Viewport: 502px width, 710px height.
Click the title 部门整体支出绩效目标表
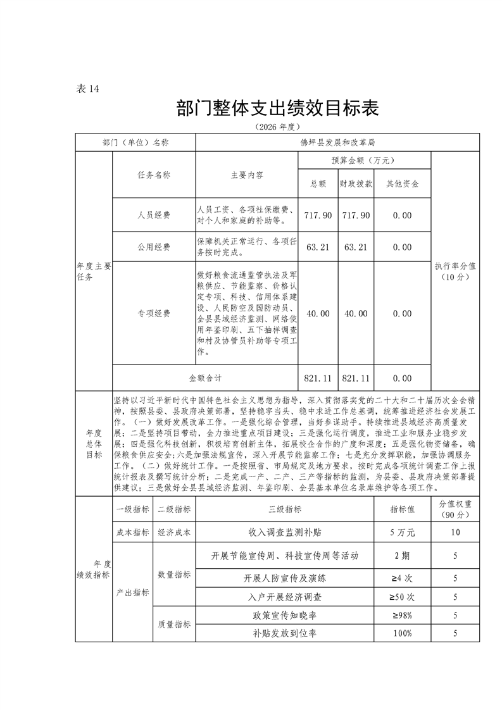(278, 108)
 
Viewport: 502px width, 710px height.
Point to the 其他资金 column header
(402, 184)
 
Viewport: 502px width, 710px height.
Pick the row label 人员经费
(154, 215)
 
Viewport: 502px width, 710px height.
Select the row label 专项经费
(154, 313)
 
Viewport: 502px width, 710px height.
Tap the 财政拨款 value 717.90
(356, 215)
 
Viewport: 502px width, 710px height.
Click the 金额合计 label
(205, 378)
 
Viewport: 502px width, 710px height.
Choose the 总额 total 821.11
(318, 378)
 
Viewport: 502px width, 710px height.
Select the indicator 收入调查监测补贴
(285, 532)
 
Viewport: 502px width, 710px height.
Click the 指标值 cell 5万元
(403, 532)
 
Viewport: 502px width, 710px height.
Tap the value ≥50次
(403, 597)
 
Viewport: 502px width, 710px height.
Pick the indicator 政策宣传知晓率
(285, 615)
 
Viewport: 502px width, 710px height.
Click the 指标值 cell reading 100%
(403, 633)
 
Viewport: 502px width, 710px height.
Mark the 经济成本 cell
(174, 532)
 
